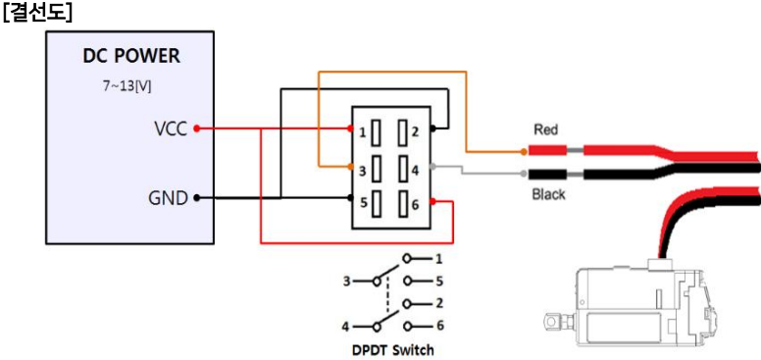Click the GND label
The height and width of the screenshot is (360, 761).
[x=168, y=197]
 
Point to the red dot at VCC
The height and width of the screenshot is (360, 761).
[x=197, y=128]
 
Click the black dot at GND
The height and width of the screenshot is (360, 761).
[x=197, y=197]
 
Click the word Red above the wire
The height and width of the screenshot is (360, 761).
[x=545, y=129]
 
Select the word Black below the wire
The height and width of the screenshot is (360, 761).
[x=548, y=194]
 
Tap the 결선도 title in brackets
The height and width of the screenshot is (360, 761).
[x=35, y=15]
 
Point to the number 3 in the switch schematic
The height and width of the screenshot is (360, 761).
[x=345, y=281]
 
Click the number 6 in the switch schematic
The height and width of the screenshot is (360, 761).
[x=439, y=325]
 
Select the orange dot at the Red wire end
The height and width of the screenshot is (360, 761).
[x=524, y=152]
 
